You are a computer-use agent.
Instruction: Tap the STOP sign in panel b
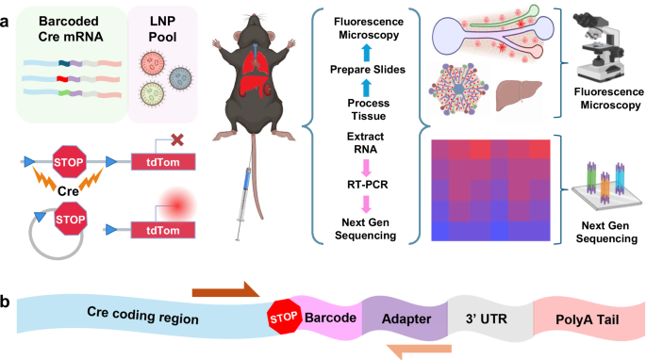point(285,316)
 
